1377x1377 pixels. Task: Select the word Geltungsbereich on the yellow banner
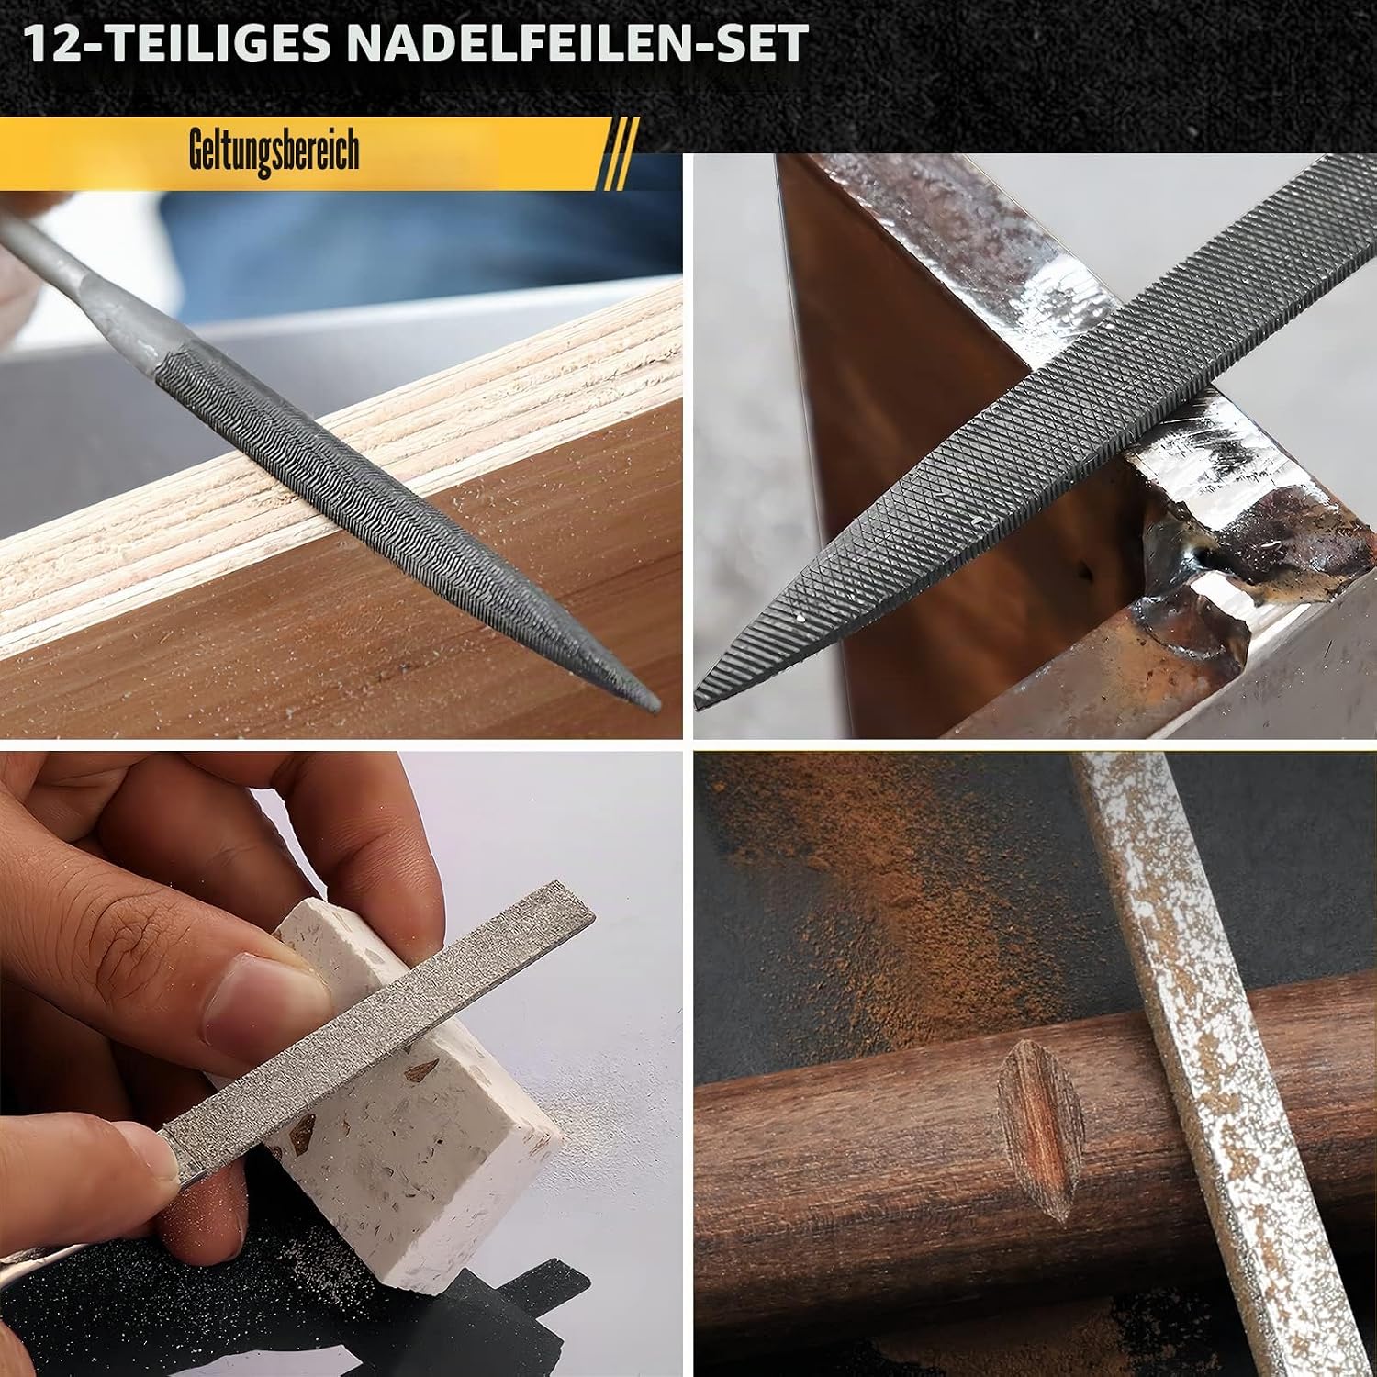(x=274, y=152)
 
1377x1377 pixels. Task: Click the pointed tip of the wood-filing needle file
(x=654, y=704)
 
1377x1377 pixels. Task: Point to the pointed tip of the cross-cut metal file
(x=700, y=701)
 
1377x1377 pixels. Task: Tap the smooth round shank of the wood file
(x=73, y=275)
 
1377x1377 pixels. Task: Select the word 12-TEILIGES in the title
(x=179, y=44)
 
